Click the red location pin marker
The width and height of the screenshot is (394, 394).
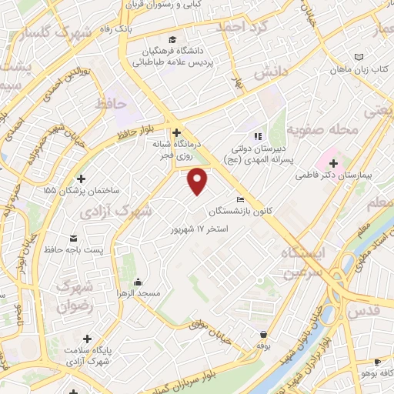[x=199, y=181]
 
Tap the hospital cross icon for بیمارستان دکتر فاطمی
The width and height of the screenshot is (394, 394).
[x=333, y=162]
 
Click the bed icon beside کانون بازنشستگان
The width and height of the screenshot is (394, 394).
[x=242, y=200]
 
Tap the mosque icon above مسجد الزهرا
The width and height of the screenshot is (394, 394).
[x=137, y=281]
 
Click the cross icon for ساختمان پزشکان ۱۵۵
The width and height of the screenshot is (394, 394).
[x=81, y=179]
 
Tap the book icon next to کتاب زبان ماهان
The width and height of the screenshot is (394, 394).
[x=359, y=57]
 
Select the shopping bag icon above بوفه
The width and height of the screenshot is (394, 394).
[x=265, y=335]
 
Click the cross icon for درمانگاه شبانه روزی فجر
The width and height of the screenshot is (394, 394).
[x=176, y=132]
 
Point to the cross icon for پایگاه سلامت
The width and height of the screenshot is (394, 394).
[x=87, y=339]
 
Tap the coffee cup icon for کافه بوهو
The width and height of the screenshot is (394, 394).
[x=377, y=362]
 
